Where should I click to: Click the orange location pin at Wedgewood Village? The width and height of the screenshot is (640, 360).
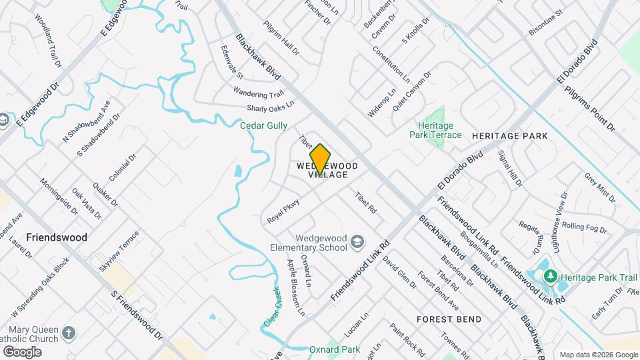(321, 159)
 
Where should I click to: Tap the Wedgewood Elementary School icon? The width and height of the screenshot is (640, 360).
(357, 241)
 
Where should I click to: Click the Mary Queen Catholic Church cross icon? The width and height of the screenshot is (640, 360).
(69, 333)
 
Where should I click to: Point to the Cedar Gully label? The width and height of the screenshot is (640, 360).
(265, 125)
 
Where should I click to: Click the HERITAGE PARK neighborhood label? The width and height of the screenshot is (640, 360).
(509, 136)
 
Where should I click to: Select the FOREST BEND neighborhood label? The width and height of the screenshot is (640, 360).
(449, 319)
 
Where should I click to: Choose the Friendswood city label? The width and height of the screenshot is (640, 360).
(57, 237)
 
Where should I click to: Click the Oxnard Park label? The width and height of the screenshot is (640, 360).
(334, 349)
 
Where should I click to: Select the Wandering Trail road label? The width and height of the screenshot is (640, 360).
(259, 93)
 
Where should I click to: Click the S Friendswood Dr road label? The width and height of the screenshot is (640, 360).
(137, 315)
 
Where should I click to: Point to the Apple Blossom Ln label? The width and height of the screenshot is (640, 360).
(295, 287)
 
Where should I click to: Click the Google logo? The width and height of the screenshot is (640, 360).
(22, 351)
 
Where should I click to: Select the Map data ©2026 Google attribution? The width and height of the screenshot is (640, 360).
(598, 355)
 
